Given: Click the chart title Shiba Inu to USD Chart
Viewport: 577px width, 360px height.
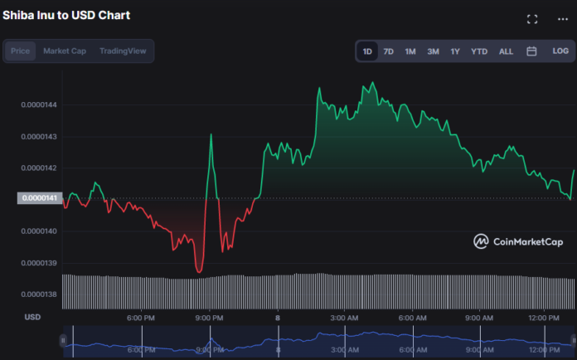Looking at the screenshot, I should pyautogui.click(x=66, y=15).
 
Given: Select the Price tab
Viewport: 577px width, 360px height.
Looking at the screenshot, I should pyautogui.click(x=21, y=51).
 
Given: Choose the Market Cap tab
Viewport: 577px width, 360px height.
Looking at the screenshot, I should pyautogui.click(x=65, y=51).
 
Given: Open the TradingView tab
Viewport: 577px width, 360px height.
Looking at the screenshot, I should pyautogui.click(x=123, y=51).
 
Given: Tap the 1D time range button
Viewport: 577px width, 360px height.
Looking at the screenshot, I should pyautogui.click(x=367, y=51).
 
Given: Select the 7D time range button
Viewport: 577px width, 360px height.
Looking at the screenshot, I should pyautogui.click(x=388, y=51).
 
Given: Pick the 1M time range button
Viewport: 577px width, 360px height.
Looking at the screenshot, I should pyautogui.click(x=410, y=51).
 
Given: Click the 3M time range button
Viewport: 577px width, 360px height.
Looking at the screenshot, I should pyautogui.click(x=433, y=51).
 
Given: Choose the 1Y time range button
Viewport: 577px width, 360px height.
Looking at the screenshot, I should pyautogui.click(x=455, y=51).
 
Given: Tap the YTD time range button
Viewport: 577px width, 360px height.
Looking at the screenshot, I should pyautogui.click(x=479, y=51).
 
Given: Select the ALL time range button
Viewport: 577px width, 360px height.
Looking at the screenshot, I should pyautogui.click(x=506, y=51).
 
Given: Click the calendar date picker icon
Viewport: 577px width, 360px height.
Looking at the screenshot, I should pyautogui.click(x=531, y=51).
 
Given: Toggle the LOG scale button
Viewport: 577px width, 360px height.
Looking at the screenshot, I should pyautogui.click(x=560, y=51).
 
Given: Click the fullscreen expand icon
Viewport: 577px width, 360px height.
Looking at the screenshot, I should pyautogui.click(x=532, y=19).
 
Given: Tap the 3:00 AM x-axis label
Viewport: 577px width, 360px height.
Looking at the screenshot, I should pyautogui.click(x=344, y=318).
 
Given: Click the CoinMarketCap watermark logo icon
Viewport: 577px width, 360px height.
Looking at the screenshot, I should pyautogui.click(x=481, y=241).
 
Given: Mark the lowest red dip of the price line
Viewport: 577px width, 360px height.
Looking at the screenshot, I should pyautogui.click(x=198, y=270).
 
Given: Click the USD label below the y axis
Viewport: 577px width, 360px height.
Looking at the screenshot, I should pyautogui.click(x=32, y=317).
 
